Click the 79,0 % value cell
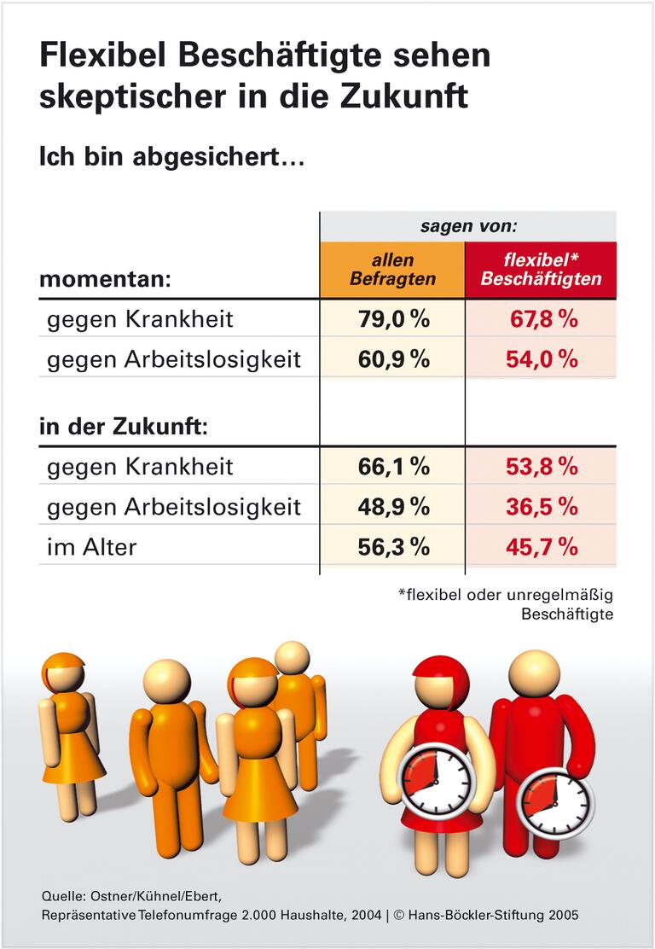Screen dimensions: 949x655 392,319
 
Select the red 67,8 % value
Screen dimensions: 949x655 542,319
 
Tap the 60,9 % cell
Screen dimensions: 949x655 392,359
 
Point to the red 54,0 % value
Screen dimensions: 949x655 542,359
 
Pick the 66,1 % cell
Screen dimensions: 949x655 392,467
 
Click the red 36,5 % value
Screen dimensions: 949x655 542,507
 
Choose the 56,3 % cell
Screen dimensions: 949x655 392,547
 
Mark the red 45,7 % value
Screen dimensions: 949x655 542,547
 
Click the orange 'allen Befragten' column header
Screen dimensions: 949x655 392,270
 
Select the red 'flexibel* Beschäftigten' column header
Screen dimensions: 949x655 541,270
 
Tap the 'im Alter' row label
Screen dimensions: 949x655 91,547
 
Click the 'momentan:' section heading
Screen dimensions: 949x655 106,279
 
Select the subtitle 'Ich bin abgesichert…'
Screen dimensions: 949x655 171,158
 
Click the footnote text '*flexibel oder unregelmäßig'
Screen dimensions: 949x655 506,595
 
